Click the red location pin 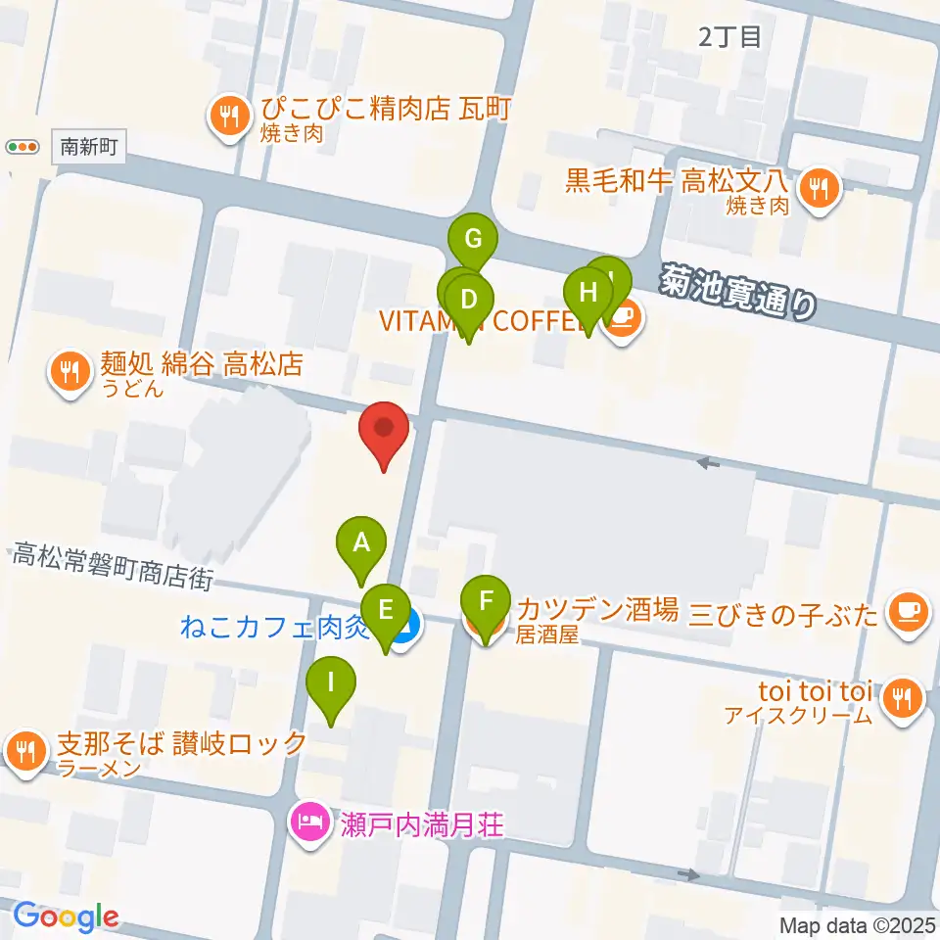[x=385, y=431]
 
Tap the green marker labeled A [x=361, y=543]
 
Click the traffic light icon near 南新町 [x=22, y=148]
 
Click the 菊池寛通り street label [x=737, y=291]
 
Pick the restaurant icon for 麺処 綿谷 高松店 [x=69, y=373]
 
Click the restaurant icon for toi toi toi [x=901, y=700]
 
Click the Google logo [x=66, y=917]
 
